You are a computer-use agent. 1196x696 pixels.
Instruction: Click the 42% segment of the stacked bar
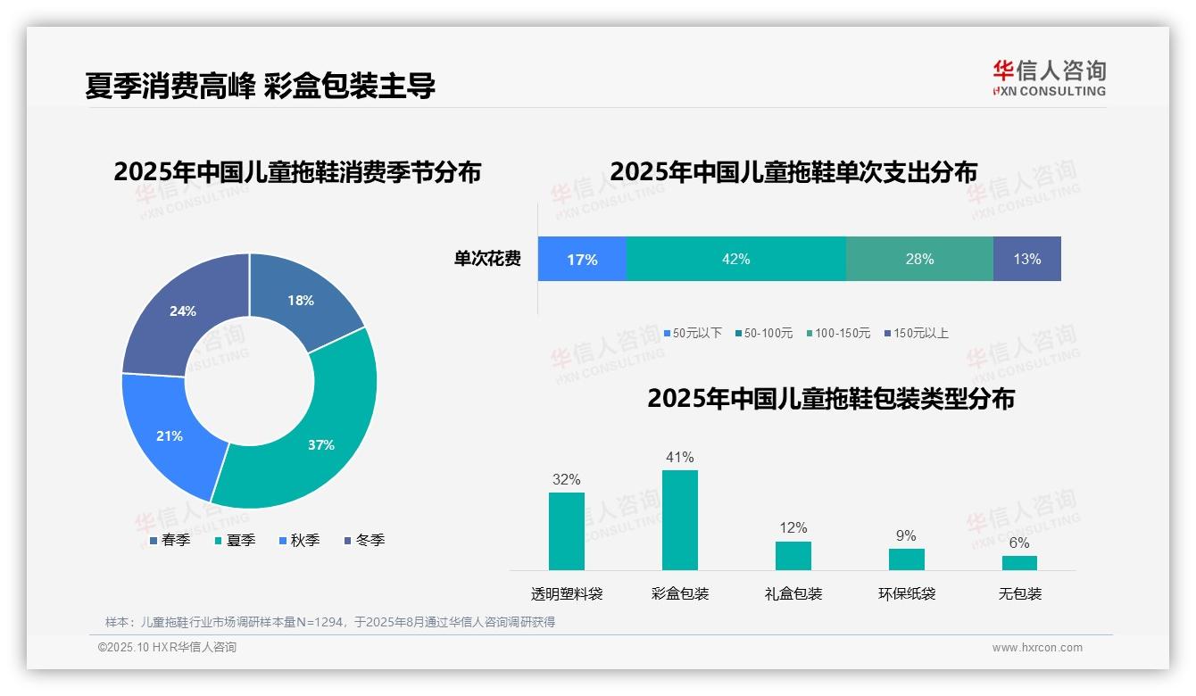tap(735, 259)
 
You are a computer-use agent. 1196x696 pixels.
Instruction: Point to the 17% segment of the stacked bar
tap(582, 259)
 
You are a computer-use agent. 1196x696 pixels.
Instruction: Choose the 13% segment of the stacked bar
tap(1026, 259)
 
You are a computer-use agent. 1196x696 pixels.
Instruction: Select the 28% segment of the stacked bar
tap(919, 259)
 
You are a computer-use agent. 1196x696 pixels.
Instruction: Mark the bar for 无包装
tap(1019, 563)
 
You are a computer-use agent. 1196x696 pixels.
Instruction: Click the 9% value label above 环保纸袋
tap(906, 535)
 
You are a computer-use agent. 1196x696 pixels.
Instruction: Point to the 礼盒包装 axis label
tap(793, 593)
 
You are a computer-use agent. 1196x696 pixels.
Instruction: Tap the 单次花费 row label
tap(487, 259)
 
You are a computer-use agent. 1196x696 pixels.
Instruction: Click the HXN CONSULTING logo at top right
tap(1049, 78)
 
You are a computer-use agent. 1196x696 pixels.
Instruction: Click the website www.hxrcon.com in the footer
tap(1037, 647)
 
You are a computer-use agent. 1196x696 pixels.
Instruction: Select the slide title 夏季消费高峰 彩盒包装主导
tap(260, 86)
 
